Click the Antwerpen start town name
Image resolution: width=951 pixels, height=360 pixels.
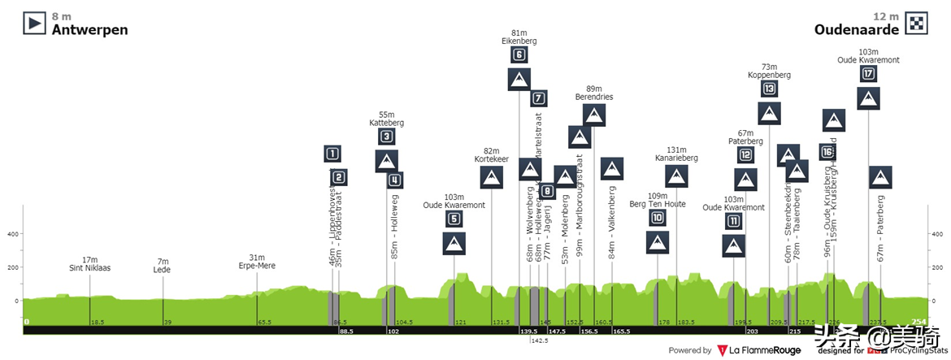(x=89, y=30)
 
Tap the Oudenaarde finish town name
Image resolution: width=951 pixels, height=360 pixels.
(x=858, y=30)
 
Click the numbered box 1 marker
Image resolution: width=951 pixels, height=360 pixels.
(x=332, y=153)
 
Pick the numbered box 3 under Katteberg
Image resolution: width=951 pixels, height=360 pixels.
(x=387, y=137)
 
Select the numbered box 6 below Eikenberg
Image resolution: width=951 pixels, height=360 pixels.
(x=519, y=55)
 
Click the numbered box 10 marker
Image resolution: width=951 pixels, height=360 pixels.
(x=658, y=218)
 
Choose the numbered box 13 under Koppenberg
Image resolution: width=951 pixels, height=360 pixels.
(x=769, y=89)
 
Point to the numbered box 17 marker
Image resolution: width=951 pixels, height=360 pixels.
(x=868, y=74)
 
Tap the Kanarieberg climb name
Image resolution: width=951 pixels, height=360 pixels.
(x=676, y=158)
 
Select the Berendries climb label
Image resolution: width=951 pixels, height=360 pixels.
(x=594, y=98)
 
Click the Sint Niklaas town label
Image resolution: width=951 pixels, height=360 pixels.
(x=89, y=267)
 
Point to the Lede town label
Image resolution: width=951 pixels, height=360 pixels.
(x=163, y=267)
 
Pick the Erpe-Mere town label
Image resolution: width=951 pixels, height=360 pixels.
(x=257, y=266)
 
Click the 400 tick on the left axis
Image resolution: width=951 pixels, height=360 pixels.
(x=12, y=234)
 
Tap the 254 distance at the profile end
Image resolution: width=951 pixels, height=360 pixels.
(x=918, y=322)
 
